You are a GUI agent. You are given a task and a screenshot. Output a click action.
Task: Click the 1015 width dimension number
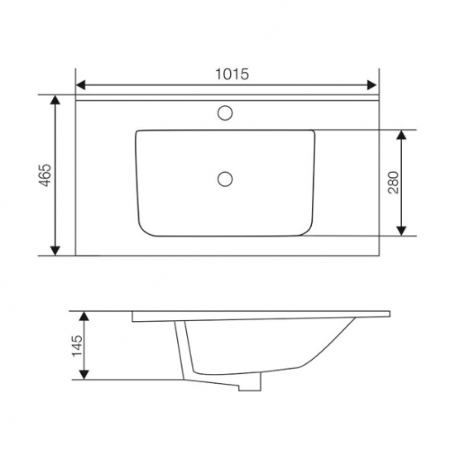232,74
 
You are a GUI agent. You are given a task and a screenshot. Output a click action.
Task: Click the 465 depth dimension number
45,175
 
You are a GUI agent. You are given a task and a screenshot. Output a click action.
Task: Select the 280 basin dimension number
393,183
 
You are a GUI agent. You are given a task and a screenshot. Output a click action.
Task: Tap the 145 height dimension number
77,346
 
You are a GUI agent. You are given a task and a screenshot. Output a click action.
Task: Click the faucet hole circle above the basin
225,113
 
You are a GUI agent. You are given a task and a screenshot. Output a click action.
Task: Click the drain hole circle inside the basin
225,179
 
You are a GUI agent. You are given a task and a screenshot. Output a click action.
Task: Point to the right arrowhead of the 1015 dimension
371,85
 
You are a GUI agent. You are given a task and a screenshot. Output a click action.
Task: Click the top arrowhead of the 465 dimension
55,99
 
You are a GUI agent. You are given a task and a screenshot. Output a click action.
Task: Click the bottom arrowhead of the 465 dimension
55,251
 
